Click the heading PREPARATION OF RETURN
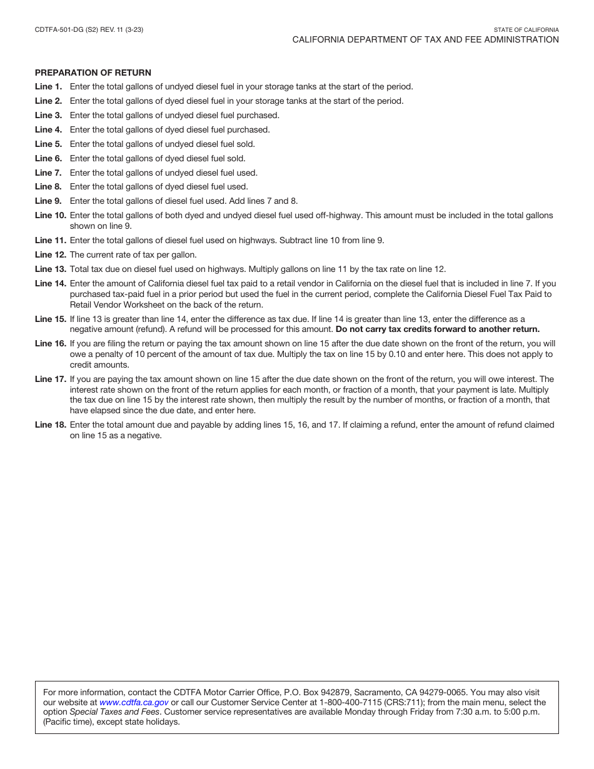point(93,73)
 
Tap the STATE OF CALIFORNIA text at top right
point(526,29)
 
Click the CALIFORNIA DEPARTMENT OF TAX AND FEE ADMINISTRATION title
point(425,39)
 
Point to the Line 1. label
point(48,87)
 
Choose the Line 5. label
point(48,144)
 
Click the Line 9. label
point(48,201)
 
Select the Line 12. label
point(50,254)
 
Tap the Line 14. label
point(50,283)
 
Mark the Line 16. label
point(50,343)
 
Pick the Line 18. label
point(50,425)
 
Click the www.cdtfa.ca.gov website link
point(134,702)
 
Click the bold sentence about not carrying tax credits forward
point(437,329)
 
